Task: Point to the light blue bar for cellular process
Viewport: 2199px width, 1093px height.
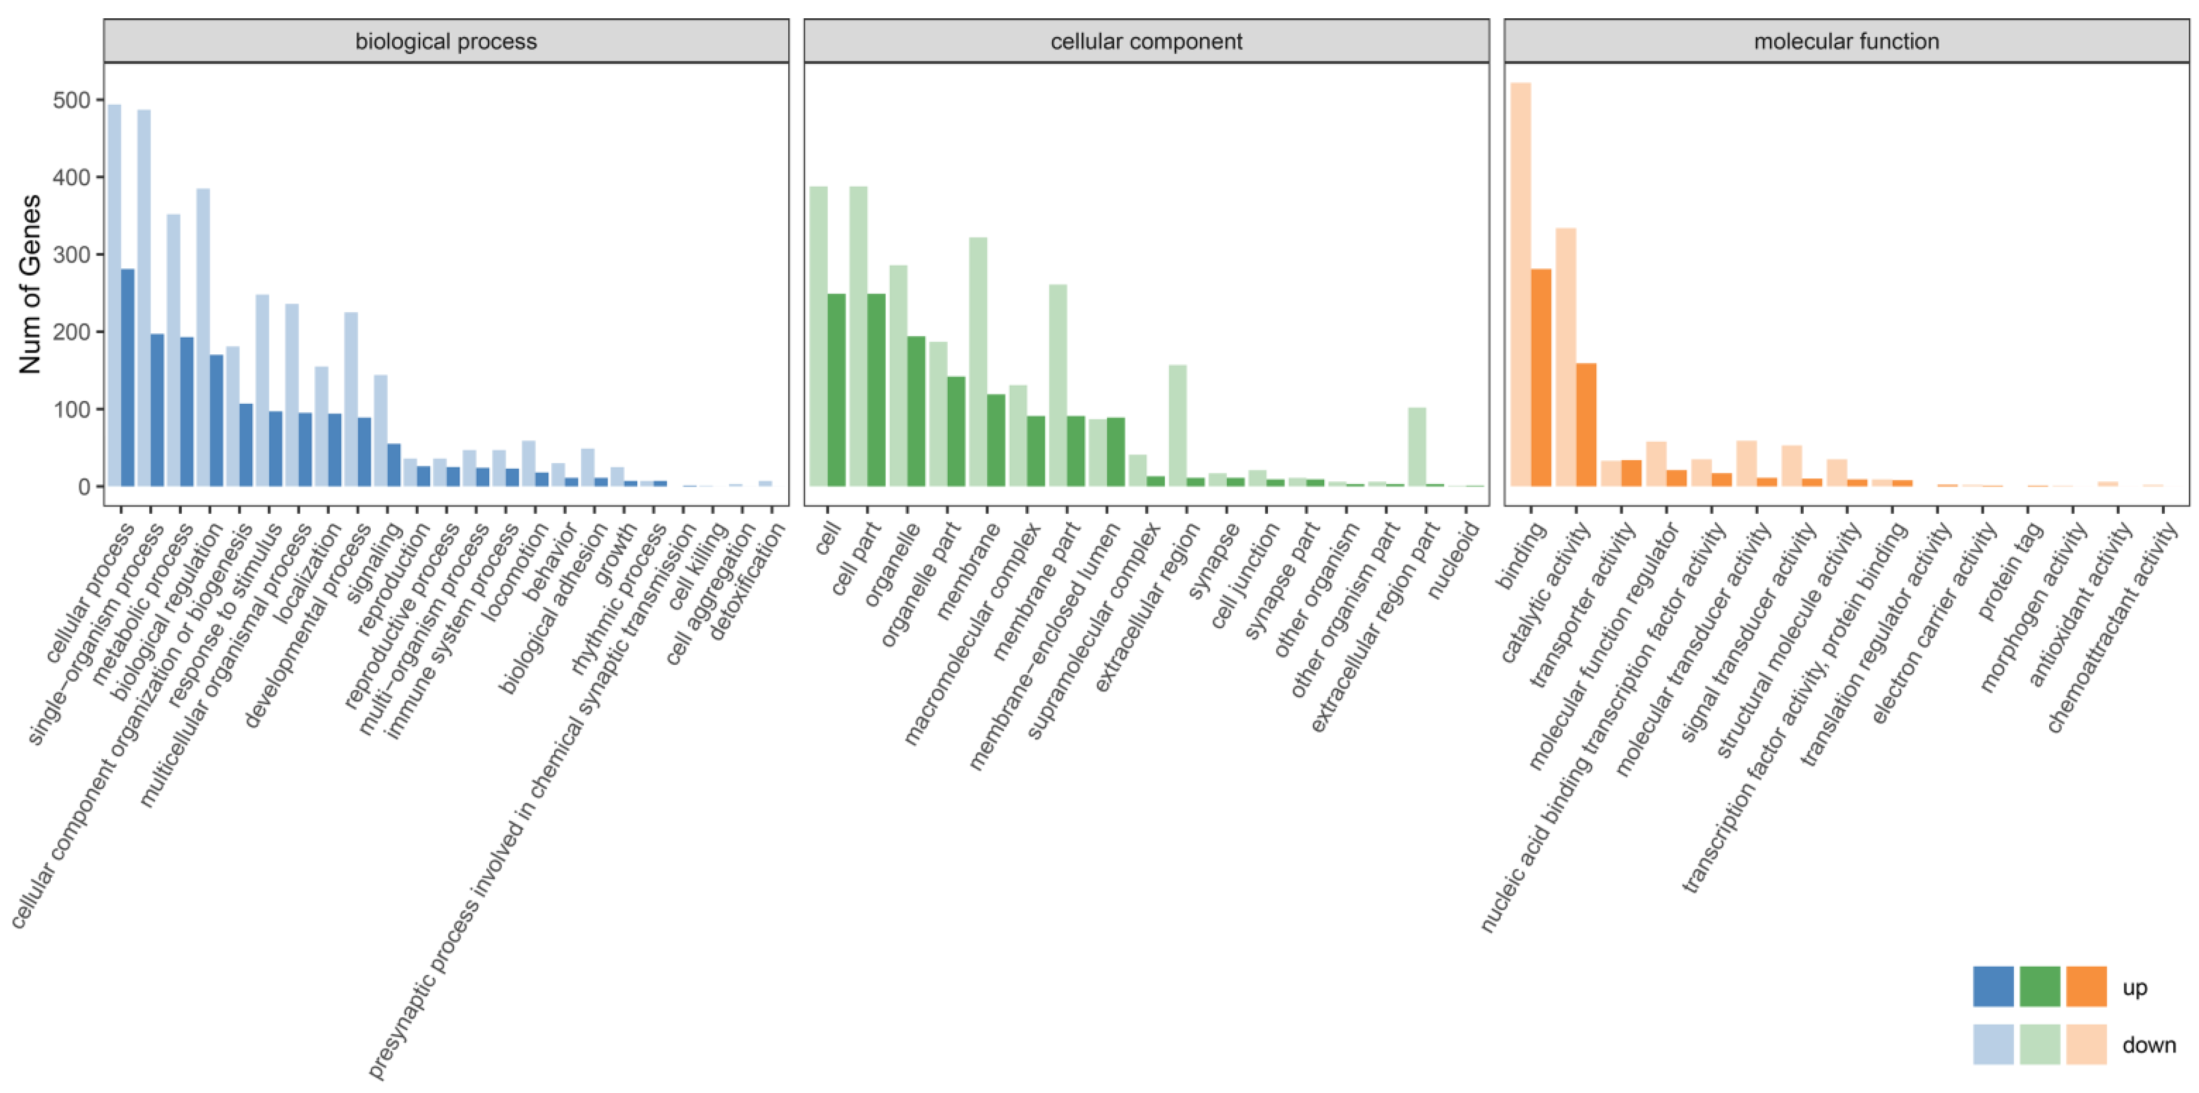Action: pos(113,294)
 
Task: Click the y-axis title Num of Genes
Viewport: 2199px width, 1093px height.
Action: pos(30,284)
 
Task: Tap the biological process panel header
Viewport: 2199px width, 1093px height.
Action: pos(445,41)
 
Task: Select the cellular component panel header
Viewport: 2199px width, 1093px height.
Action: pos(1145,41)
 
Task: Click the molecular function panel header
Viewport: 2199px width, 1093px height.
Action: pos(1845,41)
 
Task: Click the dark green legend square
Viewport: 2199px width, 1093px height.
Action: pos(2040,986)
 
